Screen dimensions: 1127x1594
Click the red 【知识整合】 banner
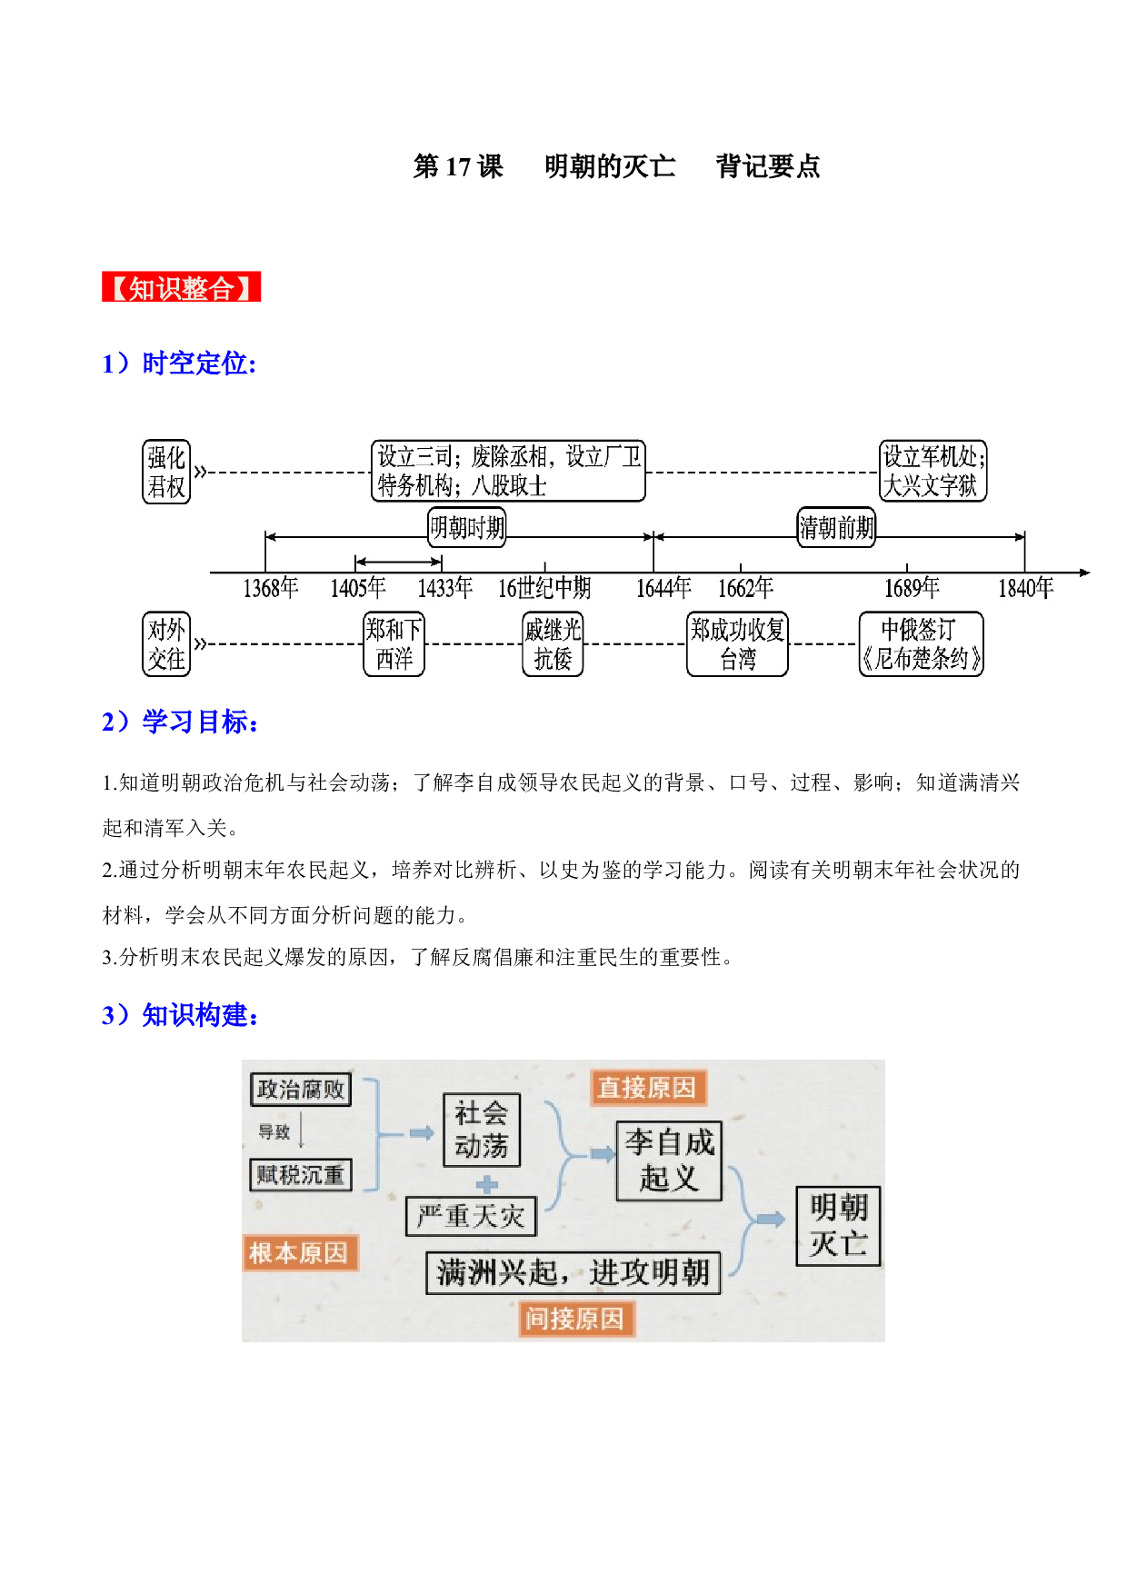[181, 287]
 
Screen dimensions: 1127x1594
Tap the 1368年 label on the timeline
[271, 588]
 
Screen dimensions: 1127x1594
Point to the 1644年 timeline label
[663, 588]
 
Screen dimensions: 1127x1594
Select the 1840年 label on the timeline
[1026, 588]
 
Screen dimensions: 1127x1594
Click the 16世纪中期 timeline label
[544, 588]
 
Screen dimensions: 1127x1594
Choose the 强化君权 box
[166, 472]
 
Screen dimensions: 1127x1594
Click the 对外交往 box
[166, 644]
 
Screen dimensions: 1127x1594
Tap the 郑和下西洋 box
[394, 644]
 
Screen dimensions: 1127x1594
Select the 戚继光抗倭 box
[553, 644]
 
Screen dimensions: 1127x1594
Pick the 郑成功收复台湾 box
[737, 644]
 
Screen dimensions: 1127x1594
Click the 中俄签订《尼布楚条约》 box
[922, 644]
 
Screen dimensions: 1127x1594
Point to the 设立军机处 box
[933, 471]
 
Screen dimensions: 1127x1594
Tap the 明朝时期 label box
[467, 527]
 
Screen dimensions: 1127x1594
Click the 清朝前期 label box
[837, 527]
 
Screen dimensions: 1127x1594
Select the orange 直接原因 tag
[647, 1087]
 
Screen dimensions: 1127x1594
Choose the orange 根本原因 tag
[299, 1252]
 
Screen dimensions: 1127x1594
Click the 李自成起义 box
[670, 1161]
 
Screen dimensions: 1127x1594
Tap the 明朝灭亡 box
[838, 1225]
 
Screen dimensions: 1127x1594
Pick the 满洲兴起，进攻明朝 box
[573, 1272]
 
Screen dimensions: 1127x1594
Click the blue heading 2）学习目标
[181, 722]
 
